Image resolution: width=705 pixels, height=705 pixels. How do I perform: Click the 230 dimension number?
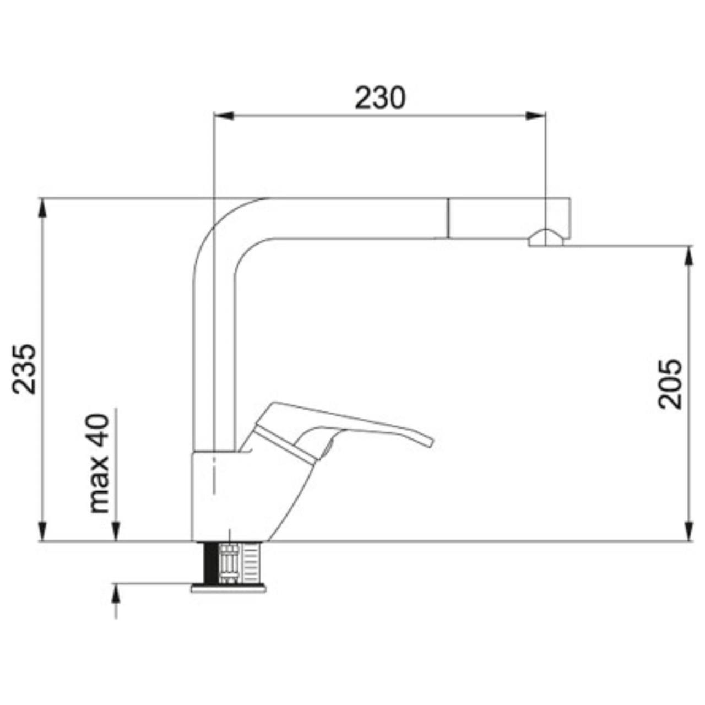coord(379,98)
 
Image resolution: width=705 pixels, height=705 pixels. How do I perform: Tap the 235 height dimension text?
coord(25,369)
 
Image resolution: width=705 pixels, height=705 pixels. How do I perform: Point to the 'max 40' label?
coord(100,463)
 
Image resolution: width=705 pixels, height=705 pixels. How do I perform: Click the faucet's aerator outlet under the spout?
coord(545,238)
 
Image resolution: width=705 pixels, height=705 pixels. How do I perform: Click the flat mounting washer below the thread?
coord(228,588)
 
